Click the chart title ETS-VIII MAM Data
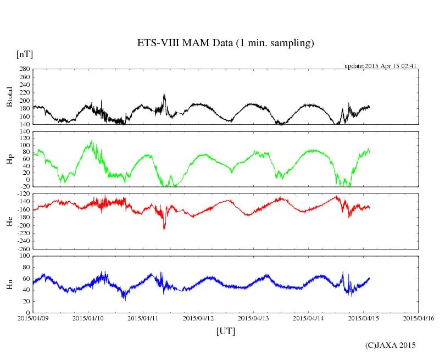[225, 43]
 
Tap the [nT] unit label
[25, 54]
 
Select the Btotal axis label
[9, 97]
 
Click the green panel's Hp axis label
[9, 159]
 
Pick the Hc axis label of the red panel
[9, 221]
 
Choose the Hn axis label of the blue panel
[9, 284]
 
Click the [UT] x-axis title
[226, 331]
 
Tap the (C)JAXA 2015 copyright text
[391, 345]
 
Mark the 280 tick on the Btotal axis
[24, 69]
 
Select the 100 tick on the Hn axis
[24, 256]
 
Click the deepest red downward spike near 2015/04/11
[164, 229]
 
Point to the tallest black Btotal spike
[164, 95]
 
